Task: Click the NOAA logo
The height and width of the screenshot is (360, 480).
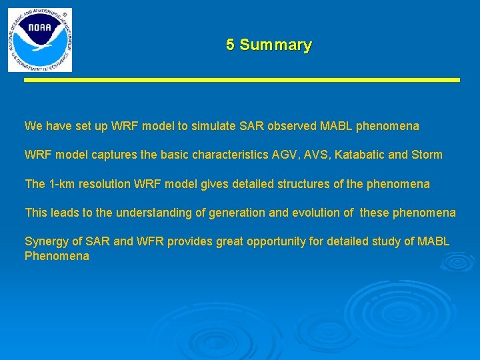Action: [x=39, y=40]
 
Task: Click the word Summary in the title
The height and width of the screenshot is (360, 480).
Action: [x=275, y=45]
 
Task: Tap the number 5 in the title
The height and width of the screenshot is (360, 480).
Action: [x=230, y=45]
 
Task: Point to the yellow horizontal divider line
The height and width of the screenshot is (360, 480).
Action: [x=243, y=80]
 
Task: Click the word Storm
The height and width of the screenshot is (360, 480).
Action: [x=427, y=155]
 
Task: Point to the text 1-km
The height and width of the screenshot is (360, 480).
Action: [x=61, y=184]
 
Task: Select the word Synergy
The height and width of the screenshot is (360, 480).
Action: [x=45, y=241]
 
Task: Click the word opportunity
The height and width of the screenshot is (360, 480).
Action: [x=275, y=241]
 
